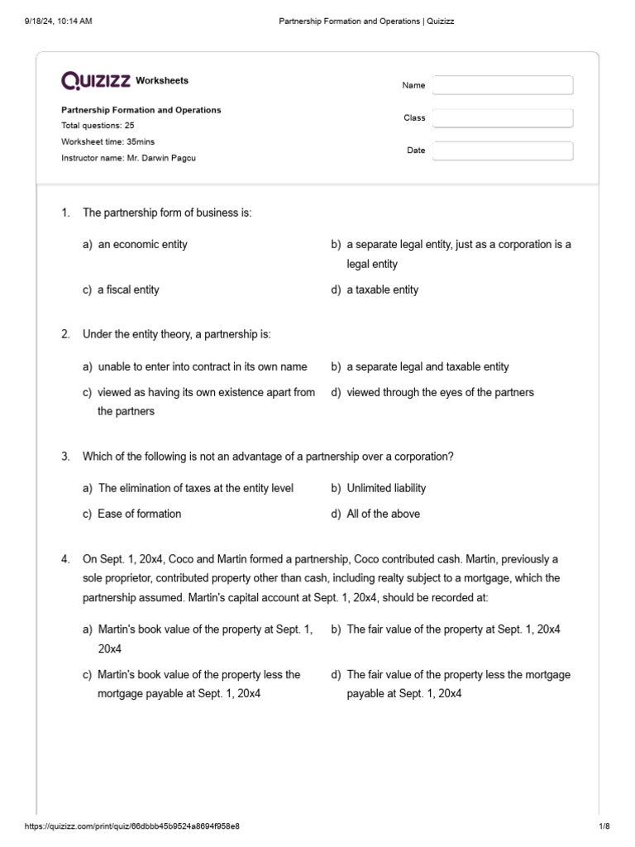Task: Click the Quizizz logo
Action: (x=96, y=80)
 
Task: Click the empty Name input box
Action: (x=503, y=85)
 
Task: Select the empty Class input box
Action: (x=503, y=118)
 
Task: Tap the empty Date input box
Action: (x=503, y=151)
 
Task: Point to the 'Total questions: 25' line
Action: (x=98, y=126)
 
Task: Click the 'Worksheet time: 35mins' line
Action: (x=108, y=141)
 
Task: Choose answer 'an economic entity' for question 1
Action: (x=142, y=244)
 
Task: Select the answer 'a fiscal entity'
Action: (x=128, y=290)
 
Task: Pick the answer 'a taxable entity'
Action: (x=382, y=290)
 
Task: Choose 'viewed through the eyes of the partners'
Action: (x=440, y=392)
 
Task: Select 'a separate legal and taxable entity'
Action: (x=427, y=366)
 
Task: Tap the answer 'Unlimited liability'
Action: (x=386, y=488)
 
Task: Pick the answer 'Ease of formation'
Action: (x=139, y=514)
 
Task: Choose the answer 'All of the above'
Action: (x=383, y=514)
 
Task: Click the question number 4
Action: (x=65, y=560)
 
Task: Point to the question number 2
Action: (x=65, y=334)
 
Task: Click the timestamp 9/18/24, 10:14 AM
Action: (x=59, y=21)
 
